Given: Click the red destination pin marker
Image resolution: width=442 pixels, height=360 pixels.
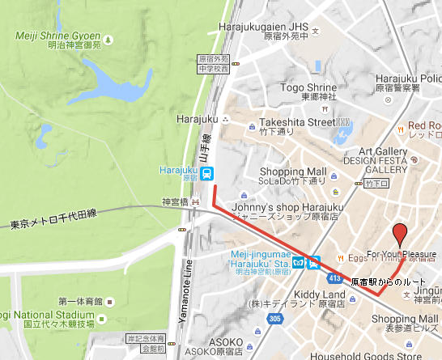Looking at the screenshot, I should tap(398, 235).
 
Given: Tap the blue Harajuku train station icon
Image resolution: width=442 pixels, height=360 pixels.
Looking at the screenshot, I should tap(208, 172).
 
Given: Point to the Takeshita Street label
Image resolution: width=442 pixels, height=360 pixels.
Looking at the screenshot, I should tap(296, 123).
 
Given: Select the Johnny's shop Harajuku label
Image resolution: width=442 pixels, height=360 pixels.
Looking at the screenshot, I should tap(288, 207).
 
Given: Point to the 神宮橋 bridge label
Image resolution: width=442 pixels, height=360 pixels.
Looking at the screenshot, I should tap(175, 201).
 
